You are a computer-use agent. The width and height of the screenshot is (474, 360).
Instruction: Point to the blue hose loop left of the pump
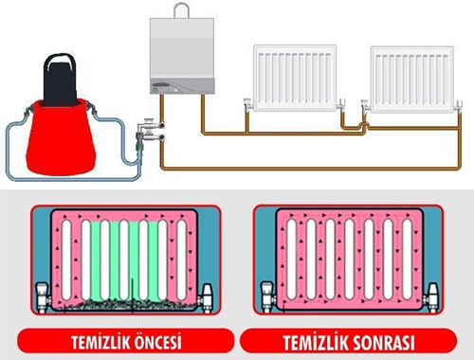pyautogui.click(x=11, y=142)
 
